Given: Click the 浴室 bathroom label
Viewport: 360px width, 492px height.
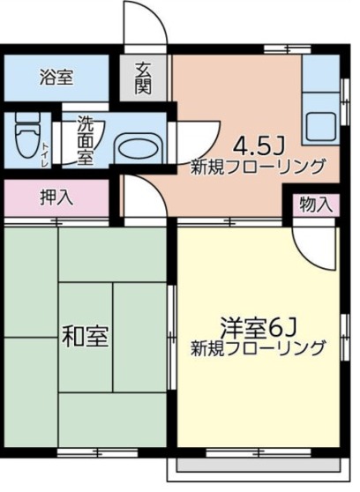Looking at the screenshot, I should pos(56,78).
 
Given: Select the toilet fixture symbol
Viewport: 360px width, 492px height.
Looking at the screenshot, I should pos(26,138).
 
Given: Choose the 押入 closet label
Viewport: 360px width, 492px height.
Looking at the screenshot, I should pos(56,198).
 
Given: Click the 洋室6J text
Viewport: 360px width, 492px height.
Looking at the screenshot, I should pos(257,324).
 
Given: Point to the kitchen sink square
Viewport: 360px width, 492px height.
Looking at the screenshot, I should pos(319,129).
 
